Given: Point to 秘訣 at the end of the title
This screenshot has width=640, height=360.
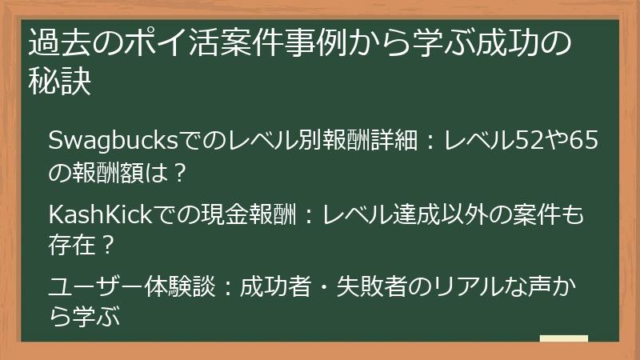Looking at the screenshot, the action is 60,81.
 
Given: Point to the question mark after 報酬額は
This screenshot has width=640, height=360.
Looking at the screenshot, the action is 178,173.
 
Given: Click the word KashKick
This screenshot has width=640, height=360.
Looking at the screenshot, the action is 101,214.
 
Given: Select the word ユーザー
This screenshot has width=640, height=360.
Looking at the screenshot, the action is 96,286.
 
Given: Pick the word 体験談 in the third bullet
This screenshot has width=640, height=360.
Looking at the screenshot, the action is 180,286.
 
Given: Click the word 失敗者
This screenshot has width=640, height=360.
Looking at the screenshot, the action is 372,286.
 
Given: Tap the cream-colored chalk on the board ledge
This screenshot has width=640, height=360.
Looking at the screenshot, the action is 564,338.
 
